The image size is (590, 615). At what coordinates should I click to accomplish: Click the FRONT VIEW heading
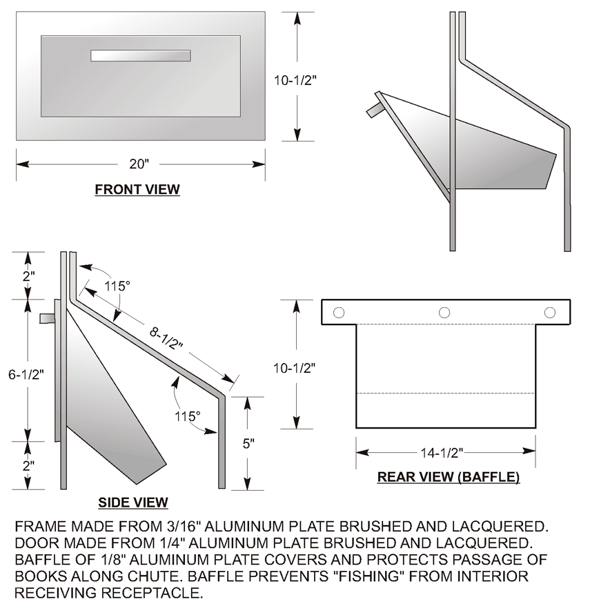[137, 189]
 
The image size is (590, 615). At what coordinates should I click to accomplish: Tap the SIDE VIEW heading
[133, 502]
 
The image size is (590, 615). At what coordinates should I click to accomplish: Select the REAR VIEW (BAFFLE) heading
[449, 477]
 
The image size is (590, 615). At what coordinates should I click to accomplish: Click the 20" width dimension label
[139, 164]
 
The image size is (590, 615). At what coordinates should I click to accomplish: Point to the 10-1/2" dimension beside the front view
[295, 80]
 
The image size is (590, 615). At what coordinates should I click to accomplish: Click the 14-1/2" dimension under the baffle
[442, 453]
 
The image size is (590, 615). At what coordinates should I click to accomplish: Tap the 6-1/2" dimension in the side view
[26, 375]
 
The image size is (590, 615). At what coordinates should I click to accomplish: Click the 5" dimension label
[248, 444]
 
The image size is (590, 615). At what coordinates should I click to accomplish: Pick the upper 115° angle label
[117, 286]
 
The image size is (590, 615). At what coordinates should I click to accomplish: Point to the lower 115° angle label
[188, 416]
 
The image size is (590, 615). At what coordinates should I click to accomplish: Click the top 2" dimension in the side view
[28, 275]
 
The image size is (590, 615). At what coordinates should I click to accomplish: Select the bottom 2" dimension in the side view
[28, 466]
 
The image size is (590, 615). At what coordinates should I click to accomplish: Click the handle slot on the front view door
[141, 55]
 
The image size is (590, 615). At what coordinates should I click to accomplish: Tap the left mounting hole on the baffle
[339, 313]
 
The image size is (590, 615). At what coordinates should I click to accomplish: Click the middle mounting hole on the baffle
[444, 313]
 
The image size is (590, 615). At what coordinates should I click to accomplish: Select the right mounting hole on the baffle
[550, 313]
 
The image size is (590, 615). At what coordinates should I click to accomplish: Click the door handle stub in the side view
[47, 318]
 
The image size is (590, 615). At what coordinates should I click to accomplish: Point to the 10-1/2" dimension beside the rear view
[295, 368]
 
